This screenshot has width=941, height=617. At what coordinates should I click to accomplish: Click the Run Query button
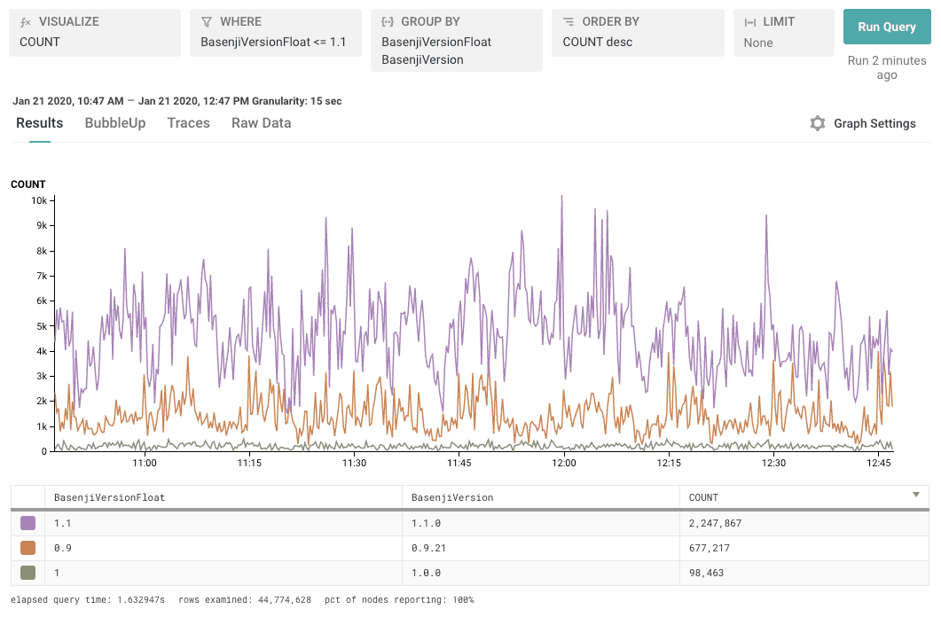(886, 27)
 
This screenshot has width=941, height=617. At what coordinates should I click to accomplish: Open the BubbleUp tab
(115, 123)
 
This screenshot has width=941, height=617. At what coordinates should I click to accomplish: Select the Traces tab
(188, 123)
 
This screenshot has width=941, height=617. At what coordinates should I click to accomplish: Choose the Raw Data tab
(261, 123)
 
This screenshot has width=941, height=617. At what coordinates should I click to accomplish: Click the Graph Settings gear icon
(818, 123)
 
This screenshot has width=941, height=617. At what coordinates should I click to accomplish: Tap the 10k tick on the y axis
(39, 200)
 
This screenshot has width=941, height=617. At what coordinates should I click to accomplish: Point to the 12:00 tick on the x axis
(564, 463)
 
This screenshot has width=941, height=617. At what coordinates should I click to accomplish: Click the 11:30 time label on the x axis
(354, 463)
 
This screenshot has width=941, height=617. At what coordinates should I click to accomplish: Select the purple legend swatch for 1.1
(27, 523)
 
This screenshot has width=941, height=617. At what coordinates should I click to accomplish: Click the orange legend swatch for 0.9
(27, 548)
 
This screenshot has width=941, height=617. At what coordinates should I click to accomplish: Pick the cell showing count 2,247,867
(715, 523)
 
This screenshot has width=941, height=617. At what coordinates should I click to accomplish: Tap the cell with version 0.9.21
(428, 548)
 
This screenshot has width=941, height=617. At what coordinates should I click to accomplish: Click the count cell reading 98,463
(707, 573)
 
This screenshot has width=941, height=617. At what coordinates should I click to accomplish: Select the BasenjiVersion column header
(452, 497)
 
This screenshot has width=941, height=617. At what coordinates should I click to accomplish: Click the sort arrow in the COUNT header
(916, 495)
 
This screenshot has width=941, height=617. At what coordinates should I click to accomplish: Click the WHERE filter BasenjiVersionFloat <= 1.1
(273, 42)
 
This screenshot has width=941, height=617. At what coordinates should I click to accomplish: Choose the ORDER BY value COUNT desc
(598, 42)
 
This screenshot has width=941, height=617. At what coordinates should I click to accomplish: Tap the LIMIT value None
(758, 43)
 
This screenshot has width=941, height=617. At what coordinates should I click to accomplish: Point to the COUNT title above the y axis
(27, 184)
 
